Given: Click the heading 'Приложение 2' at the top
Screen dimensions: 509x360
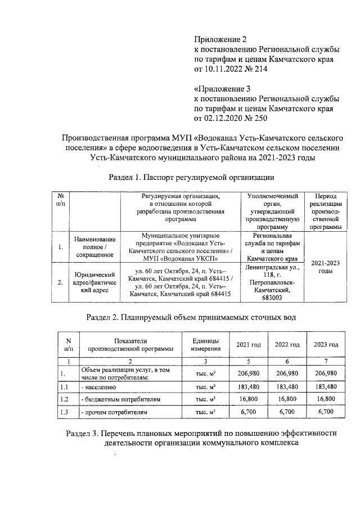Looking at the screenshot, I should point(220,39).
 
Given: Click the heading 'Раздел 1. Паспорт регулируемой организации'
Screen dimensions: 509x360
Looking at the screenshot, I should point(191,178).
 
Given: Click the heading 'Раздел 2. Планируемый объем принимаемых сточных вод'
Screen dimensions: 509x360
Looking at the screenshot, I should point(191,318).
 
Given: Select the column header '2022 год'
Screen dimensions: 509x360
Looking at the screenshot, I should point(287,344).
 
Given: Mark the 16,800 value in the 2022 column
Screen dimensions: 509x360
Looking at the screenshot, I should point(287,399).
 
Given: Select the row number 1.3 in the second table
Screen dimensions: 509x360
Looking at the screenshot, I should point(67,412).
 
